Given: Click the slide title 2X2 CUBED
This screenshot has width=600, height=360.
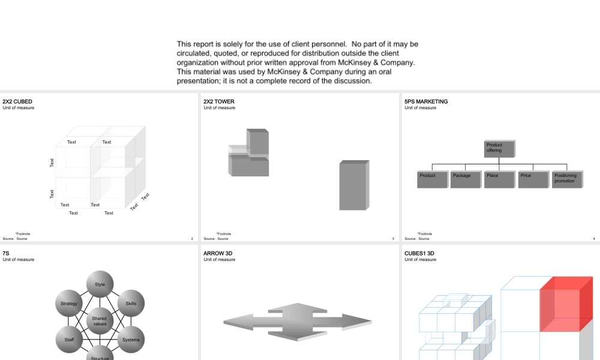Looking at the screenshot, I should tap(17, 102).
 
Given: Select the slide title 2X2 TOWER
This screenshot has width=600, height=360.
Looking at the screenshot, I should tap(219, 102).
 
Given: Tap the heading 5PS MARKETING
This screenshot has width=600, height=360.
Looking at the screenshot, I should tap(426, 102).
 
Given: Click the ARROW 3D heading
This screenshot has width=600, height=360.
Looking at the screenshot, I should tap(218, 254).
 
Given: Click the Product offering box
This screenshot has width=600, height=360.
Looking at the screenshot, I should tap(499, 148).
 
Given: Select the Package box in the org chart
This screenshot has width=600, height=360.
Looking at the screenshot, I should tap(466, 179).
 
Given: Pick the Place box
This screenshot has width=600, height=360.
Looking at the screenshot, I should tap(499, 179).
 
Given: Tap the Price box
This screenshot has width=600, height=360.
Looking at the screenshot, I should tap(533, 179).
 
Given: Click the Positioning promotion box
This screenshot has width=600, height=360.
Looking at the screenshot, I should tap(567, 179).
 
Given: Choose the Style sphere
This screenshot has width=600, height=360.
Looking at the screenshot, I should tap(100, 284).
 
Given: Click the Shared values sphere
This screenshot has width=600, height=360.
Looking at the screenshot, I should tap(100, 321).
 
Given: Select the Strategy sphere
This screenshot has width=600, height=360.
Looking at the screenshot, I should tap(69, 304).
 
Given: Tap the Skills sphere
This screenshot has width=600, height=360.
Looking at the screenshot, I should tap(131, 304).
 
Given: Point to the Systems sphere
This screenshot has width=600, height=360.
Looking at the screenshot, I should tap(131, 340).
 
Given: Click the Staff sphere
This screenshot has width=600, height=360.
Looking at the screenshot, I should tap(69, 340).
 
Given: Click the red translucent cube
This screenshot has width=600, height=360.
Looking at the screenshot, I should tap(565, 304).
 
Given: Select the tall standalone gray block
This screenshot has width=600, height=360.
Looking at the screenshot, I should tap(353, 185).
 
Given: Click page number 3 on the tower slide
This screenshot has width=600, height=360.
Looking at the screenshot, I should tap(393, 239).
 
